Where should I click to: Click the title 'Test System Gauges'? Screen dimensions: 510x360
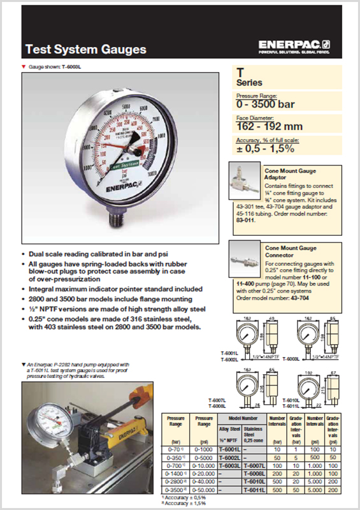[x=85, y=48]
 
